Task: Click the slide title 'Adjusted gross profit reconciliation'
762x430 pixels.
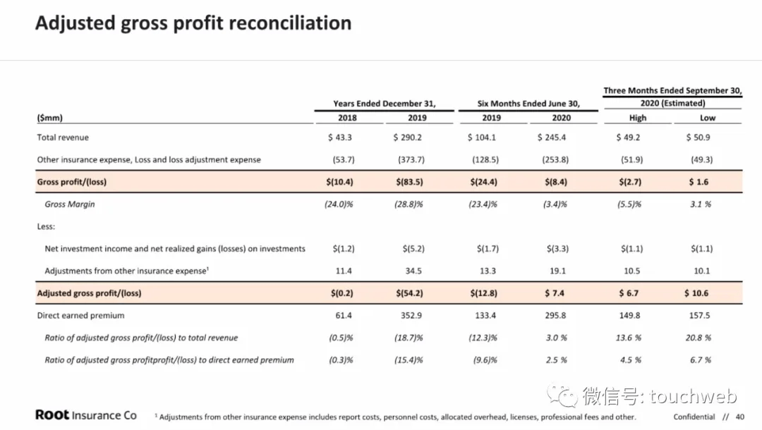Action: (x=193, y=23)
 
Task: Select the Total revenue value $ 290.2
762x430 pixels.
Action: (x=407, y=137)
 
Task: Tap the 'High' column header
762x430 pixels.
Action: (x=638, y=118)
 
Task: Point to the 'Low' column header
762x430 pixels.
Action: (x=708, y=118)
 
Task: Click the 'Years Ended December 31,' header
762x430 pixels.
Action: (x=385, y=104)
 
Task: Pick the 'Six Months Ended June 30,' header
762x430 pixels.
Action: (x=528, y=104)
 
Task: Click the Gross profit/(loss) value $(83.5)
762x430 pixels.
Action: (x=409, y=182)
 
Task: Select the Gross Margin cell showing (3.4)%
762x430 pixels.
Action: (x=555, y=204)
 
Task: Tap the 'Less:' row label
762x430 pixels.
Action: (x=46, y=226)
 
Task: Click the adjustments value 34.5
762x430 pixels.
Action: (x=413, y=271)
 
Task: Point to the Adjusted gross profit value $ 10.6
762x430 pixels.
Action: (x=696, y=293)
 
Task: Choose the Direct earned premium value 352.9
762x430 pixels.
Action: (x=411, y=316)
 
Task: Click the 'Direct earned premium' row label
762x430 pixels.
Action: (x=80, y=316)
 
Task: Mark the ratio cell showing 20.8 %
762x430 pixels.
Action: (x=698, y=338)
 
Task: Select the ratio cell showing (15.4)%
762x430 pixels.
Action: (x=409, y=360)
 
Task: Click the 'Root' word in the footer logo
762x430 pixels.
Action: (x=52, y=415)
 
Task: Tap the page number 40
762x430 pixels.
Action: (x=740, y=417)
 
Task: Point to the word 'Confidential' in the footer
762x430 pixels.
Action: (x=694, y=417)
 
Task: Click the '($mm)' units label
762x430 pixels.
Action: (x=49, y=118)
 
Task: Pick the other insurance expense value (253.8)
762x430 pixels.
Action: (x=555, y=160)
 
